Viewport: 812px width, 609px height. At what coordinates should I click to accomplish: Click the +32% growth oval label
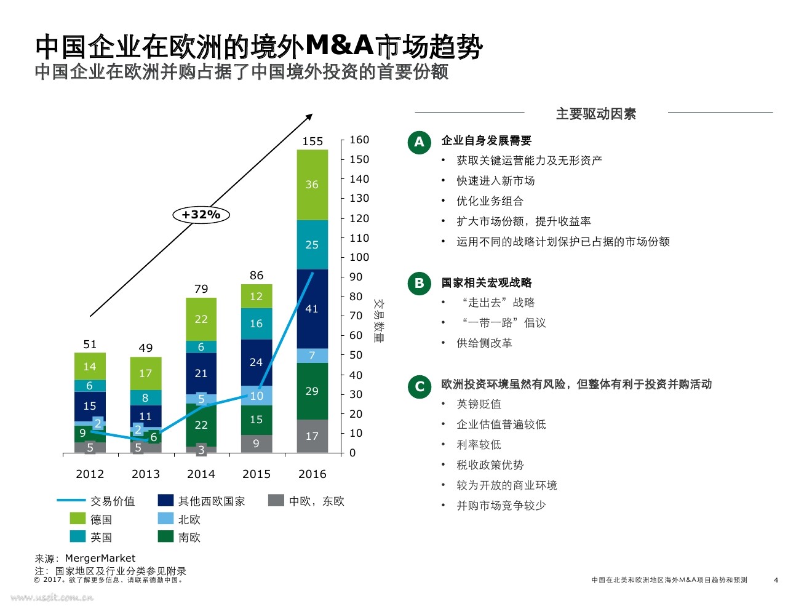[x=201, y=215]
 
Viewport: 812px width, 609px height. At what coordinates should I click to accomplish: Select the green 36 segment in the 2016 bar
[x=312, y=185]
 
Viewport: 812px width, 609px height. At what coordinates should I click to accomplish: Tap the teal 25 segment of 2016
[x=312, y=245]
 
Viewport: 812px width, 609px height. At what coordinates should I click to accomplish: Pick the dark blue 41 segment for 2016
[x=312, y=309]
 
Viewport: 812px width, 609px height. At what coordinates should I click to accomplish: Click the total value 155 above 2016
[x=312, y=141]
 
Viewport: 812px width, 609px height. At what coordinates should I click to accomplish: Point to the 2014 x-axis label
[x=201, y=474]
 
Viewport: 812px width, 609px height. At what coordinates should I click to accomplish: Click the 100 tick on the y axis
[x=359, y=257]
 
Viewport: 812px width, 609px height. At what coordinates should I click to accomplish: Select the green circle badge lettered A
[x=419, y=142]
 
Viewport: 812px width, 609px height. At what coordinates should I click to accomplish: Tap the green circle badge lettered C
[x=420, y=386]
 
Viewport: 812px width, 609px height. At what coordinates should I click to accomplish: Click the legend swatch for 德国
[x=78, y=519]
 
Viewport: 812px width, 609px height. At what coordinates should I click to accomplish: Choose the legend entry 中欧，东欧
[x=316, y=501]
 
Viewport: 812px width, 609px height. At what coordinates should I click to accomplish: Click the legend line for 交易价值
[x=71, y=501]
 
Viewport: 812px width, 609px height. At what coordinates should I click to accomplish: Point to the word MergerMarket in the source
[x=100, y=558]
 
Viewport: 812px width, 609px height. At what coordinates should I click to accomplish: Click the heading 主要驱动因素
[x=595, y=114]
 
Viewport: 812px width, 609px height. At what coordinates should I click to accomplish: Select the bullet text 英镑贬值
[x=479, y=404]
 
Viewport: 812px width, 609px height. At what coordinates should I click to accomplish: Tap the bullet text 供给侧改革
[x=484, y=343]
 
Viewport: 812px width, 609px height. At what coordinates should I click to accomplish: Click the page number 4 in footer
[x=776, y=579]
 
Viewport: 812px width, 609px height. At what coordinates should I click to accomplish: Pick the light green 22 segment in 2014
[x=201, y=319]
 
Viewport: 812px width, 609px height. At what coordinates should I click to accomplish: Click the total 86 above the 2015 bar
[x=257, y=276]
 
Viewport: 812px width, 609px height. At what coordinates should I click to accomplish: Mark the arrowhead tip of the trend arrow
[x=312, y=114]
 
